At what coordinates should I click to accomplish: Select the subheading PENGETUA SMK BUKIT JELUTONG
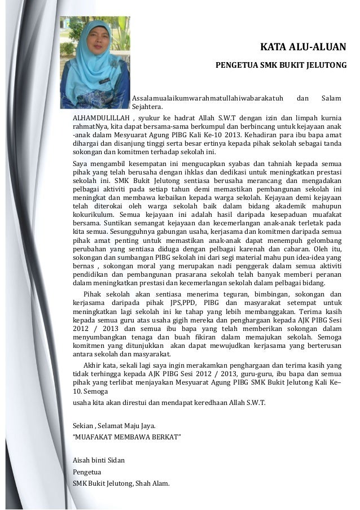pos(281,66)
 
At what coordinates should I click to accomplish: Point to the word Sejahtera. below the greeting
pos(147,107)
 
